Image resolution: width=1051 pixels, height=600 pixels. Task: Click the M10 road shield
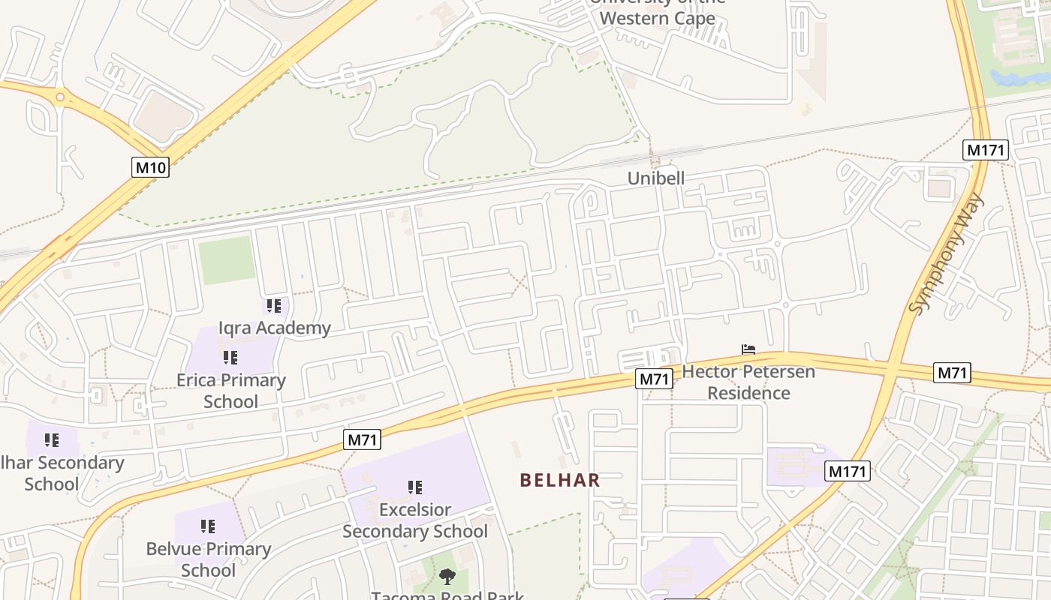point(151,167)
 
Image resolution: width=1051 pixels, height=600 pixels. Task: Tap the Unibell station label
point(656,178)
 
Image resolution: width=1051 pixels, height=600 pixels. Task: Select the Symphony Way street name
point(946,253)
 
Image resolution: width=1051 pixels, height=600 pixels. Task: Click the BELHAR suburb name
point(560,480)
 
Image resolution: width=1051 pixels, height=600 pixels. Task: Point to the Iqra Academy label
point(274,328)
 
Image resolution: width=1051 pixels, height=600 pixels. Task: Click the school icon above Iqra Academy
point(274,306)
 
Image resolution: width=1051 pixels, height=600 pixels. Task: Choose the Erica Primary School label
point(231,391)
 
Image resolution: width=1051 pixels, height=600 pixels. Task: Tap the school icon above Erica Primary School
point(230,358)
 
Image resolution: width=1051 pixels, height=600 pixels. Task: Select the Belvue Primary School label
point(209,559)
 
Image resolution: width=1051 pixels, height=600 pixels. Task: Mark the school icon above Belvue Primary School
point(208,526)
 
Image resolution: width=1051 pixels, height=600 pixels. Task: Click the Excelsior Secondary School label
point(415,520)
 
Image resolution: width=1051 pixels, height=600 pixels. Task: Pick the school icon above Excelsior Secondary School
point(415,487)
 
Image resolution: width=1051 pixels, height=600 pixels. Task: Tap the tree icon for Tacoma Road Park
point(447,577)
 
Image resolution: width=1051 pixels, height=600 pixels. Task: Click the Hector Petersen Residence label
point(748,382)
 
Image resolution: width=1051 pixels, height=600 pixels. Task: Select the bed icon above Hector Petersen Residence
point(748,349)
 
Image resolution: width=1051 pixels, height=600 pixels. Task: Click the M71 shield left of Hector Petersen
point(653,379)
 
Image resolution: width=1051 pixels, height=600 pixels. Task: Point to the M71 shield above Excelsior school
point(362,439)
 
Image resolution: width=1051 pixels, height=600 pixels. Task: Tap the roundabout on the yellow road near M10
point(60,97)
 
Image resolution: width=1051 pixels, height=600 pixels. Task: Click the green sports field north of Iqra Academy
point(227,260)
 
